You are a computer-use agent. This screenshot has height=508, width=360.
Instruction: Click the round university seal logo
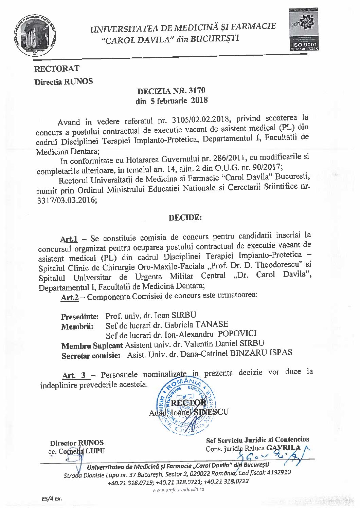pos(36,35)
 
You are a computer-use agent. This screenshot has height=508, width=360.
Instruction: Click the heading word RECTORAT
pos(57,69)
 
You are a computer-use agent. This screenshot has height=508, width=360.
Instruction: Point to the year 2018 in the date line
pos(199,100)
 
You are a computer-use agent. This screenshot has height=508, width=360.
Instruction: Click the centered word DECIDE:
pos(185,218)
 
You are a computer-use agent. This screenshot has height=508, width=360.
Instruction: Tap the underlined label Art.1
pos(69,239)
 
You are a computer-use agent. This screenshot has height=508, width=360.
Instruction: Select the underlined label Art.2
pos(70,298)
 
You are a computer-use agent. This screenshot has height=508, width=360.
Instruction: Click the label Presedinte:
pos(80,317)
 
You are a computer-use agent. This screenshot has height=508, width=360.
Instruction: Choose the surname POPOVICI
pos(237,334)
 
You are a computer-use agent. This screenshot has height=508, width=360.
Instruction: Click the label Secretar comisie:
pos(91,356)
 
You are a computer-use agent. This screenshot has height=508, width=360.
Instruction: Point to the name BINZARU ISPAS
pos(261,353)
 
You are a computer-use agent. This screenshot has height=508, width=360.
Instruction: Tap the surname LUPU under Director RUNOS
pos(95,451)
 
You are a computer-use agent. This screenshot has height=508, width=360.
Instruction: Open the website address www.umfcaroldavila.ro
pos(178,490)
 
